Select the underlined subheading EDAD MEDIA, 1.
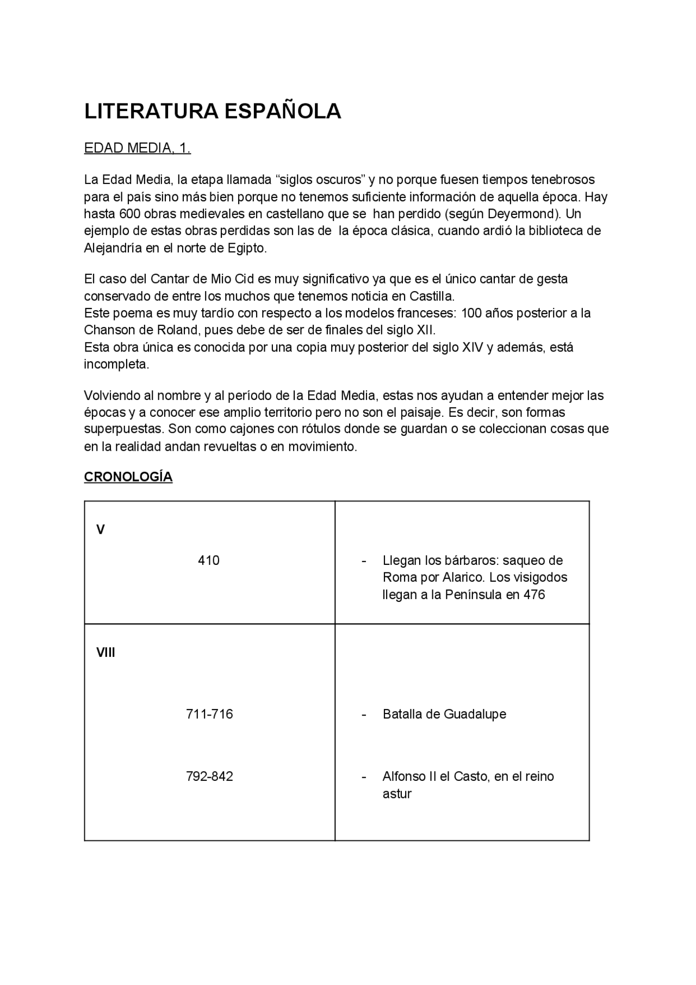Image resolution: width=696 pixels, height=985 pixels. pyautogui.click(x=137, y=148)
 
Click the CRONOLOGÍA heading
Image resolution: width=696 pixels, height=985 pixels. pyautogui.click(x=128, y=477)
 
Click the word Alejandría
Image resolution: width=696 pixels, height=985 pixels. pyautogui.click(x=113, y=248)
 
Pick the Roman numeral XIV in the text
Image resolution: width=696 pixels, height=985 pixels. pyautogui.click(x=472, y=347)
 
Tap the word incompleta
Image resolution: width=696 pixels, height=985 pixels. pyautogui.click(x=116, y=364)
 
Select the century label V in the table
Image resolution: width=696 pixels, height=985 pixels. pyautogui.click(x=101, y=530)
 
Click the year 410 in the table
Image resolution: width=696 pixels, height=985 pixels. pyautogui.click(x=209, y=561)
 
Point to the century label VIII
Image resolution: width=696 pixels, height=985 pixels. pyautogui.click(x=106, y=652)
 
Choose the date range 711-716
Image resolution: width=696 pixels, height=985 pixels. pyautogui.click(x=209, y=714)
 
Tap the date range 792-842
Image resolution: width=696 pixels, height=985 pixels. pyautogui.click(x=209, y=776)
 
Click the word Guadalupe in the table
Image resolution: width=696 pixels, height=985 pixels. pyautogui.click(x=475, y=714)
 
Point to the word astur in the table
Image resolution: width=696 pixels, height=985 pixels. pyautogui.click(x=397, y=793)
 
